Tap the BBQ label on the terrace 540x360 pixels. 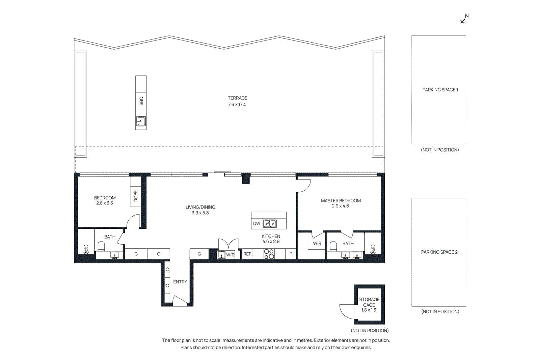point(141,101)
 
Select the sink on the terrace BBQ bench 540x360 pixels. point(141,121)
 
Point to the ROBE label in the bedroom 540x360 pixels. point(136,196)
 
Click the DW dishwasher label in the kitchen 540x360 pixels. point(256,223)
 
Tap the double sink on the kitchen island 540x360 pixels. point(270,224)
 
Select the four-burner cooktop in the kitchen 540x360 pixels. point(269,254)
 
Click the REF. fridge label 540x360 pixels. point(247,254)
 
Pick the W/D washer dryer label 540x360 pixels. point(230,255)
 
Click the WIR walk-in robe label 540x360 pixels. point(317,243)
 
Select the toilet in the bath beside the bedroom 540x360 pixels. point(101,247)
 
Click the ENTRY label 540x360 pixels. point(180,282)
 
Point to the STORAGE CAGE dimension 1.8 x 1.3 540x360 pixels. point(369,310)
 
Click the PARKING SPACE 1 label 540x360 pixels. point(440,90)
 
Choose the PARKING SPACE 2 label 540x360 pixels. point(439,252)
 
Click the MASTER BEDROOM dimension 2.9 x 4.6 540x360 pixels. point(340,206)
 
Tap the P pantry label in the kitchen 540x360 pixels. point(291,254)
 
